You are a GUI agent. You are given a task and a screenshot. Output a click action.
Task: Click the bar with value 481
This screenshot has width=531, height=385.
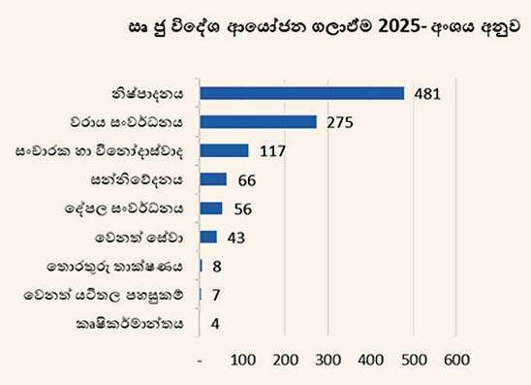click(x=301, y=93)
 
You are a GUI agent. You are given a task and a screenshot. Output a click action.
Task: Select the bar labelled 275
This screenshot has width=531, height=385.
click(x=258, y=122)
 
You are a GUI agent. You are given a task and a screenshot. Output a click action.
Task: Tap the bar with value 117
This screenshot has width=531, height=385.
click(x=224, y=150)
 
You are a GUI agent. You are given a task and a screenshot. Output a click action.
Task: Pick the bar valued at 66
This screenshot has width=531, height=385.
click(x=212, y=179)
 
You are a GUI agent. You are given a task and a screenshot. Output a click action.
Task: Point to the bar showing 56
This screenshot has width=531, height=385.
click(x=210, y=208)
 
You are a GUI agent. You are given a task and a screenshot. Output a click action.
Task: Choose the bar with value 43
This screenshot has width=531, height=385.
click(x=207, y=237)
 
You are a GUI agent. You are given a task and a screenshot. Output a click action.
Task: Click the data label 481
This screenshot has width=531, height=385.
click(x=426, y=94)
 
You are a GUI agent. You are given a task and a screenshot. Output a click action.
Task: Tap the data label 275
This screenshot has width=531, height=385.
click(x=339, y=122)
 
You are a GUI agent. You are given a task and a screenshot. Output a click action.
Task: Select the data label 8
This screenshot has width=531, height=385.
click(x=215, y=266)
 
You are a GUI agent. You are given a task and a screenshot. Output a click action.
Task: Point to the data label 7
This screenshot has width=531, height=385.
click(x=215, y=294)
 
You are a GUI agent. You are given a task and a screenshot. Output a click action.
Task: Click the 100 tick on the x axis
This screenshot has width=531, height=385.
click(x=242, y=360)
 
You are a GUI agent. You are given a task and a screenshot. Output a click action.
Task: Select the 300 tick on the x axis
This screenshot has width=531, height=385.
click(x=328, y=360)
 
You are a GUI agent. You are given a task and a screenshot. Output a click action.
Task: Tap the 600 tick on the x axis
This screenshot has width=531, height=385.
click(x=456, y=360)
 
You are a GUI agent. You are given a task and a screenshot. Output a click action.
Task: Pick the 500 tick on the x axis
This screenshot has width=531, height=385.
click(x=414, y=360)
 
